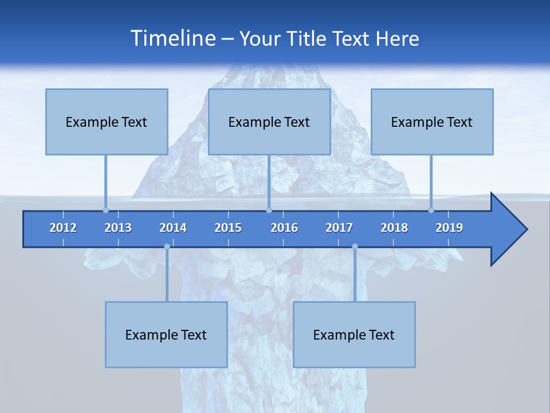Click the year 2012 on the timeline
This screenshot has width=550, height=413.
pos(63,228)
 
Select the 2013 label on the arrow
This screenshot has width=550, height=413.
pos(118,228)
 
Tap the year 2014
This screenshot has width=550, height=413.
pos(173,228)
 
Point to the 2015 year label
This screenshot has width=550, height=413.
pos(228,228)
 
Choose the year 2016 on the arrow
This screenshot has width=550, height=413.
pos(284,228)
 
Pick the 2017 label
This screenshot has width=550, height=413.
pos(339,228)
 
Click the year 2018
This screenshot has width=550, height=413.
pos(394,228)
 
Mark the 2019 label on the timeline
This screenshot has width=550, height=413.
pos(449,228)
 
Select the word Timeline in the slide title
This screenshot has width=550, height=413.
pos(172,38)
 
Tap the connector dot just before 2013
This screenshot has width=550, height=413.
pos(105,210)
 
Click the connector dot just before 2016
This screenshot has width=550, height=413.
pos(269,210)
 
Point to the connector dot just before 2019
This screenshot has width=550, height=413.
pos(431,210)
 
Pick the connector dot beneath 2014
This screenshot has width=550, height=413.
pos(167,247)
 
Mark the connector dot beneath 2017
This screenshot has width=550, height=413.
pos(355,247)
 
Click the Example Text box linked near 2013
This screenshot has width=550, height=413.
pos(107,122)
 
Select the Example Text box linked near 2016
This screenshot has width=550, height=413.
pos(269,122)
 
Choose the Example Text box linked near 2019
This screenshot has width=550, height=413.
pos(432,122)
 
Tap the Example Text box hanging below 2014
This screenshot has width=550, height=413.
pos(166,334)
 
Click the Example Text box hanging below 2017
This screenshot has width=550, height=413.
pos(354,334)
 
